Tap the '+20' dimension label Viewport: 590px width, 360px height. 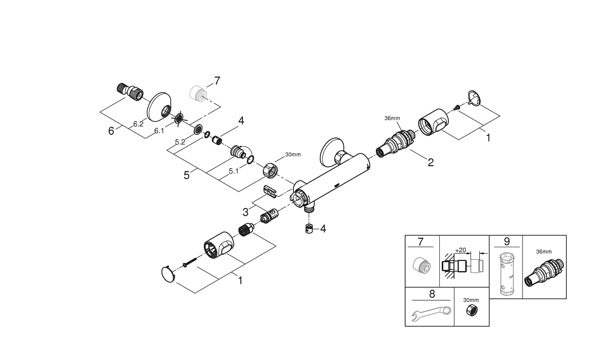tap(460, 250)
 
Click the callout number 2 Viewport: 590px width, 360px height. tap(431, 162)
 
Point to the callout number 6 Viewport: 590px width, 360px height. tap(111, 131)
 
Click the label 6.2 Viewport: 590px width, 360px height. tap(138, 124)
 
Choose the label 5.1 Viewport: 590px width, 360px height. tap(234, 171)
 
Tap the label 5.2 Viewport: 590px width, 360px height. tap(180, 142)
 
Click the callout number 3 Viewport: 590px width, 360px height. tap(245, 212)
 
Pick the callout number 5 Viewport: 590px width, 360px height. tap(187, 175)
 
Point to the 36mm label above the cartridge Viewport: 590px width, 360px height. tap(392, 118)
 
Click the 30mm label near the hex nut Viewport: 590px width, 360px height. tap(293, 154)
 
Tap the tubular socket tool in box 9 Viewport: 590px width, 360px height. tap(506, 274)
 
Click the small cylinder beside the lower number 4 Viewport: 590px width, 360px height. tap(309, 228)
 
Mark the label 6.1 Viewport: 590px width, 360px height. tap(159, 131)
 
